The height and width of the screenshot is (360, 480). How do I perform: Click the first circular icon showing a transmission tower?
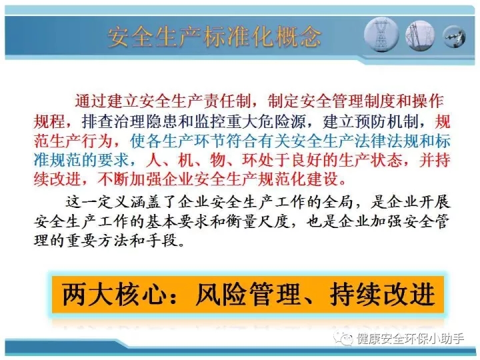381,34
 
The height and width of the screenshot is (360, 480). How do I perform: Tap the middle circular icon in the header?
420,36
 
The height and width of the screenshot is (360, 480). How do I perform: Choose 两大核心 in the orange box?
114,295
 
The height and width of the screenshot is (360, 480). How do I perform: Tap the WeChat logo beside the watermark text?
343,339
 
